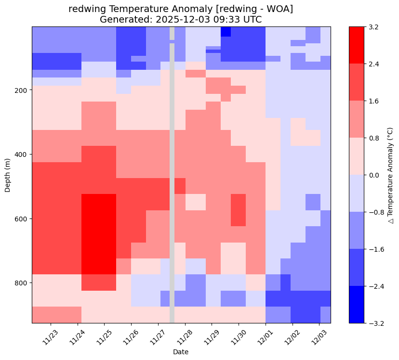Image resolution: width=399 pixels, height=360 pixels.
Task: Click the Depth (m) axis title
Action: pyautogui.click(x=7, y=175)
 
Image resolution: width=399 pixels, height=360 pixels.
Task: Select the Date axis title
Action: pyautogui.click(x=181, y=352)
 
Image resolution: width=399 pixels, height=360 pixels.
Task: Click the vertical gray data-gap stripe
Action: pyautogui.click(x=172, y=193)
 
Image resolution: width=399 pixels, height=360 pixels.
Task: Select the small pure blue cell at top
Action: pyautogui.click(x=226, y=31)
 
